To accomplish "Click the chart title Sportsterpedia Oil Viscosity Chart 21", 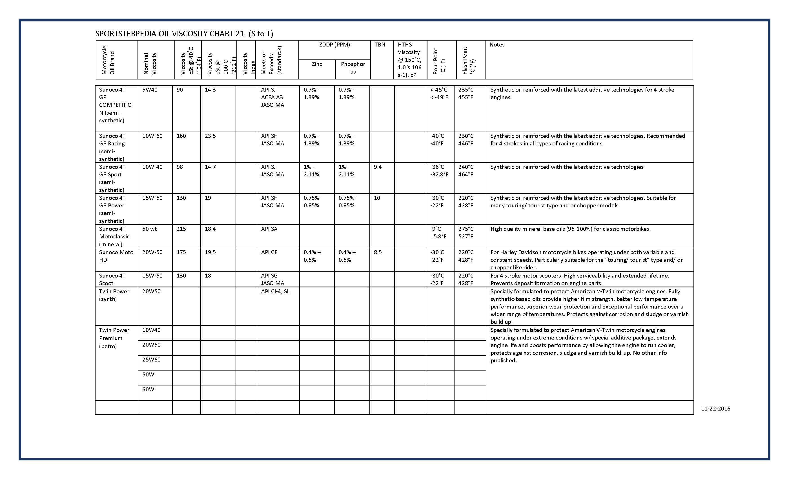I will (x=184, y=34).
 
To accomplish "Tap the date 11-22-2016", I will (x=716, y=409).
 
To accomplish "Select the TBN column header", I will (x=380, y=45).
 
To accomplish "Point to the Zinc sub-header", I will (x=317, y=64).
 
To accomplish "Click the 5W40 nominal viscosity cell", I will (x=150, y=90).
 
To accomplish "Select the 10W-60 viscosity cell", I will (x=152, y=136).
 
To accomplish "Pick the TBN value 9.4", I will (x=378, y=167).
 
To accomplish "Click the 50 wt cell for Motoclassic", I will (x=150, y=229).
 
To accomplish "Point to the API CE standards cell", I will (x=269, y=252).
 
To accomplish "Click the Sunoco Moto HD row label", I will (x=116, y=256).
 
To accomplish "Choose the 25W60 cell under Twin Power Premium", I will (x=152, y=360).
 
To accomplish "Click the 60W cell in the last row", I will (x=148, y=389).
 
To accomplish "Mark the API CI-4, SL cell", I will (x=275, y=291).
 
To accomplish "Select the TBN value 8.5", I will (x=378, y=252).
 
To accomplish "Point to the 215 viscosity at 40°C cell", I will (x=181, y=229).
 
